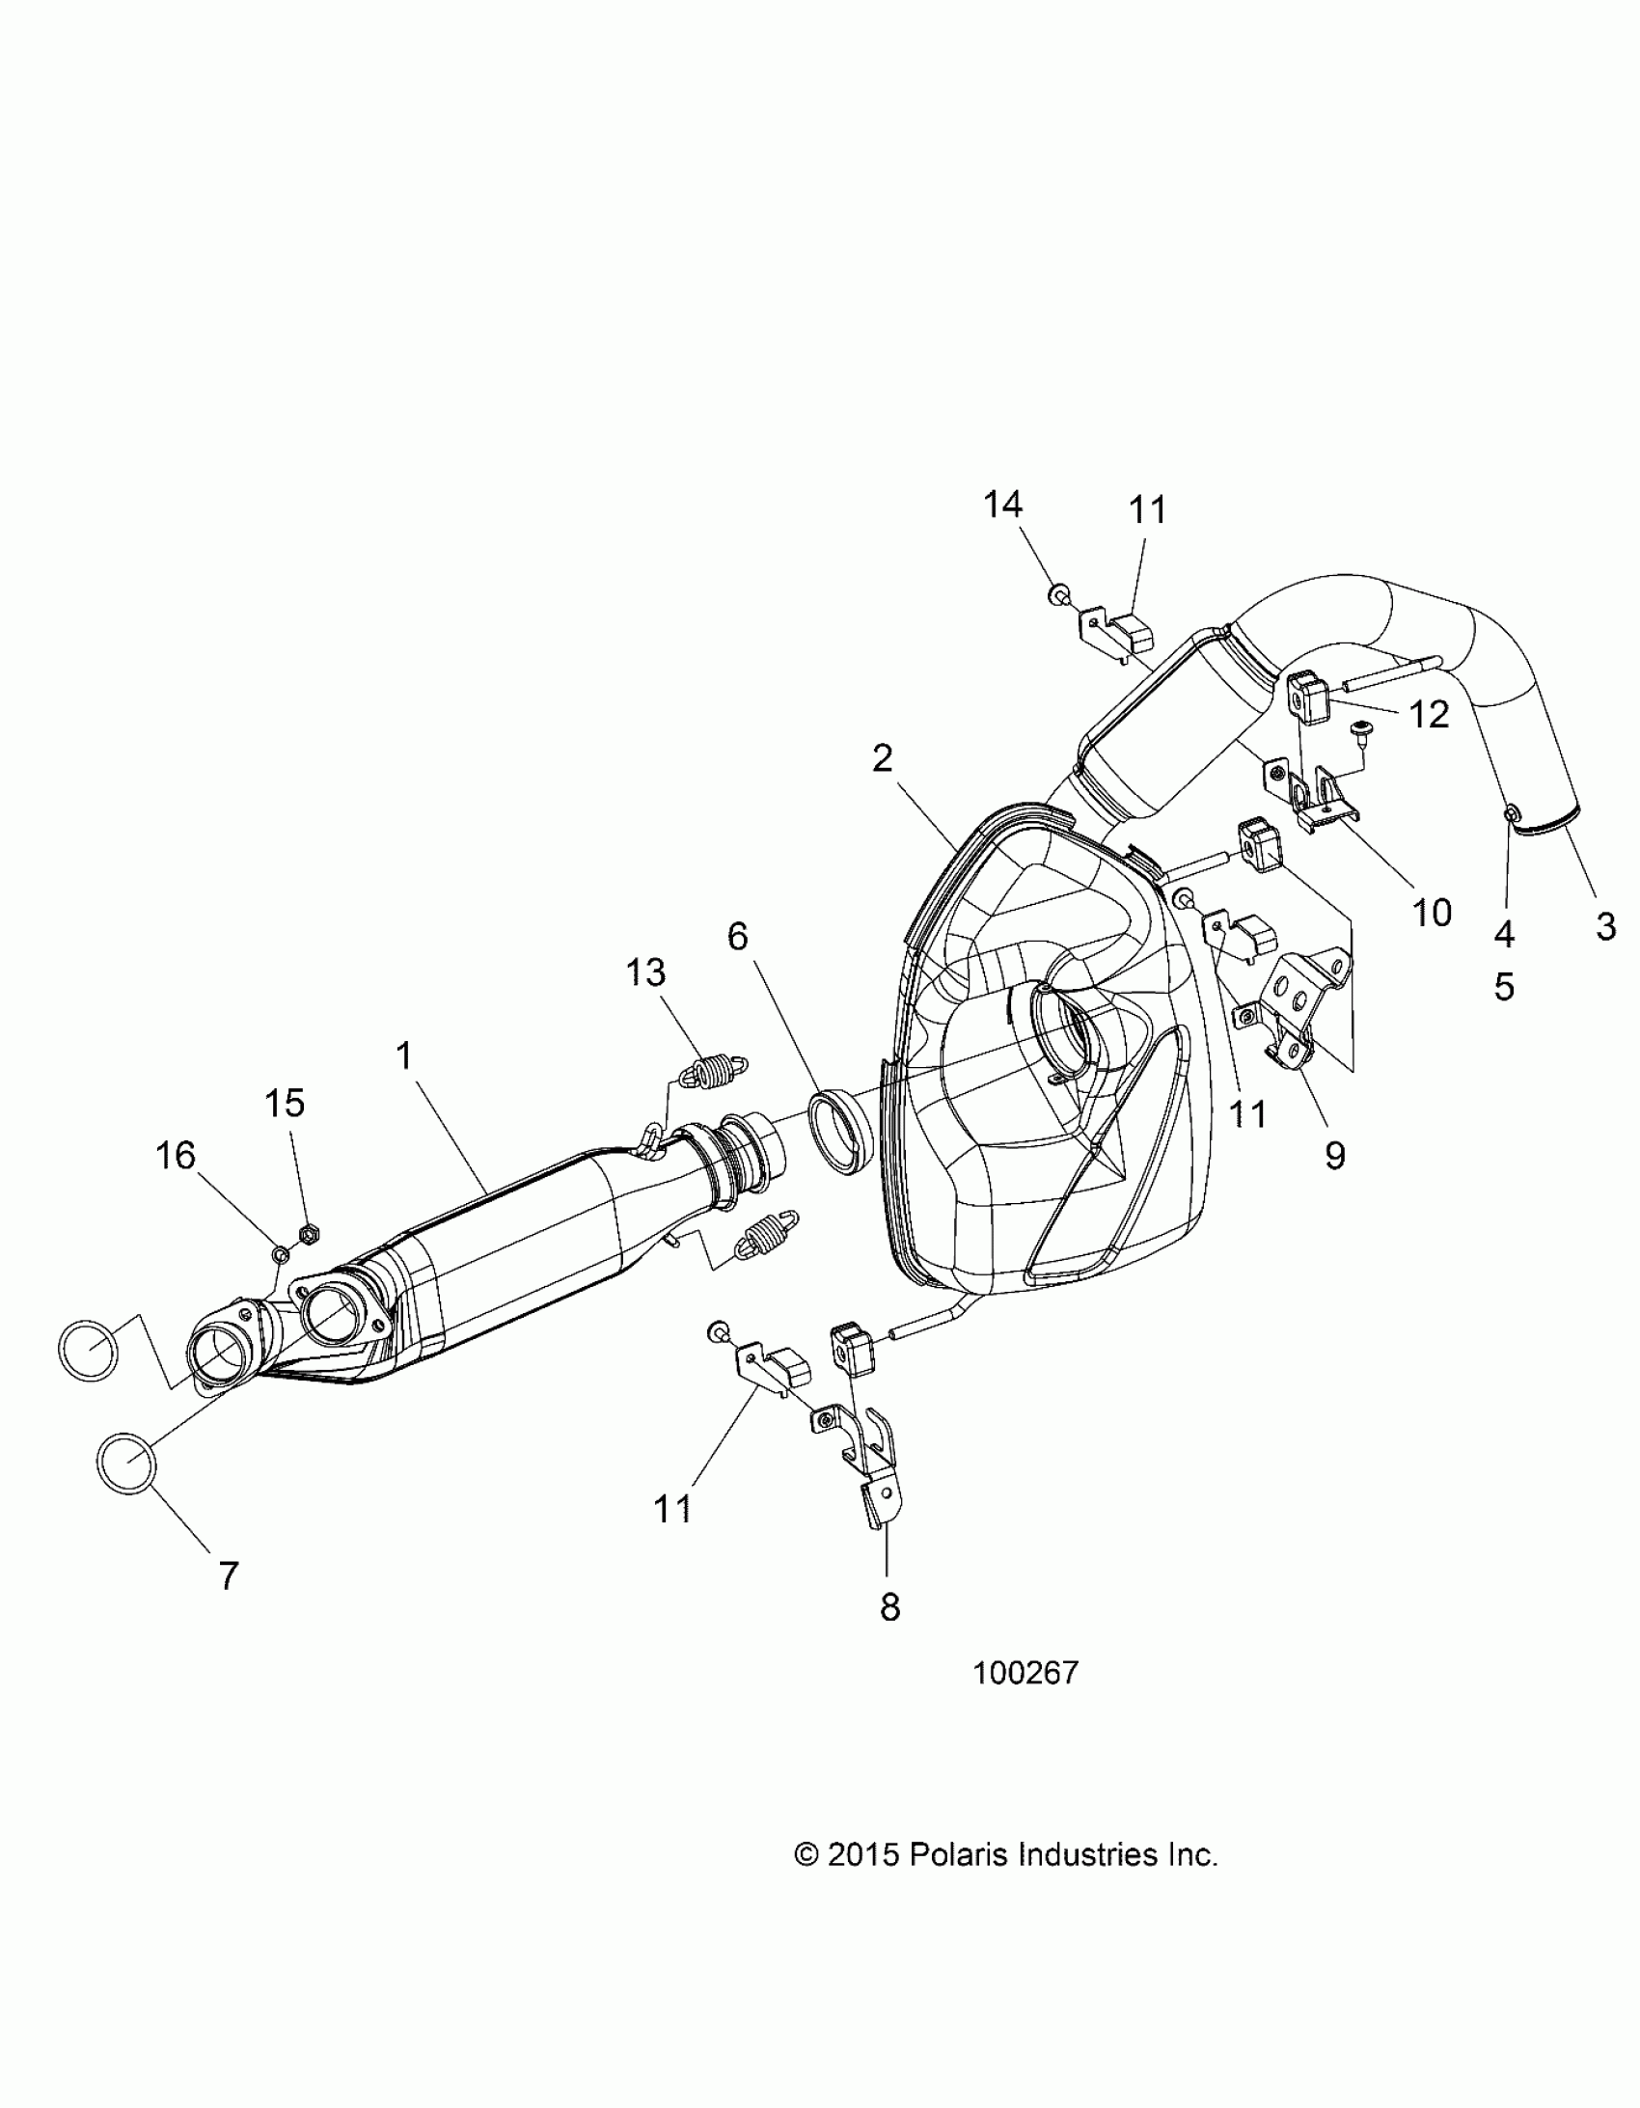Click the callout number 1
point(404,1057)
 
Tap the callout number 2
point(883,758)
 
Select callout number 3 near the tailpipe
point(1605,926)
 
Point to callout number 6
point(737,935)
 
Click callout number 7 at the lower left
point(228,1576)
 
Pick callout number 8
point(890,1607)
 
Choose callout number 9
point(1335,1155)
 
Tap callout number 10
point(1432,911)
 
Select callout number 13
point(645,972)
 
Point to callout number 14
point(1003,504)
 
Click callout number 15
point(285,1103)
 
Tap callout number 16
point(176,1155)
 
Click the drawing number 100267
point(1025,1673)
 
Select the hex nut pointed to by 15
point(310,1233)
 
